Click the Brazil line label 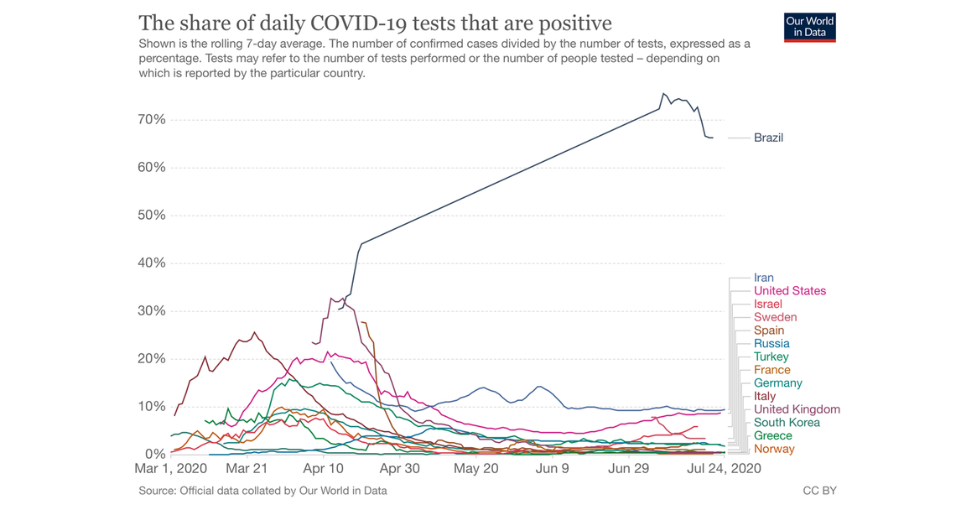point(768,138)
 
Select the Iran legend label point(763,278)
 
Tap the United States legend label point(789,291)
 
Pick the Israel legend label point(767,304)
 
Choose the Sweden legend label point(775,317)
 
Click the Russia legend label point(771,343)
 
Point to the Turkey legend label point(771,356)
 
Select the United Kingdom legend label point(797,409)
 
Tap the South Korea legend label point(787,423)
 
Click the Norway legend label point(774,449)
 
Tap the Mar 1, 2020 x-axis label point(171,469)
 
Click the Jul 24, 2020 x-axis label point(723,469)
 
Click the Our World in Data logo point(809,27)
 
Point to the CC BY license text point(819,491)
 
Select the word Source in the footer point(156,491)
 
